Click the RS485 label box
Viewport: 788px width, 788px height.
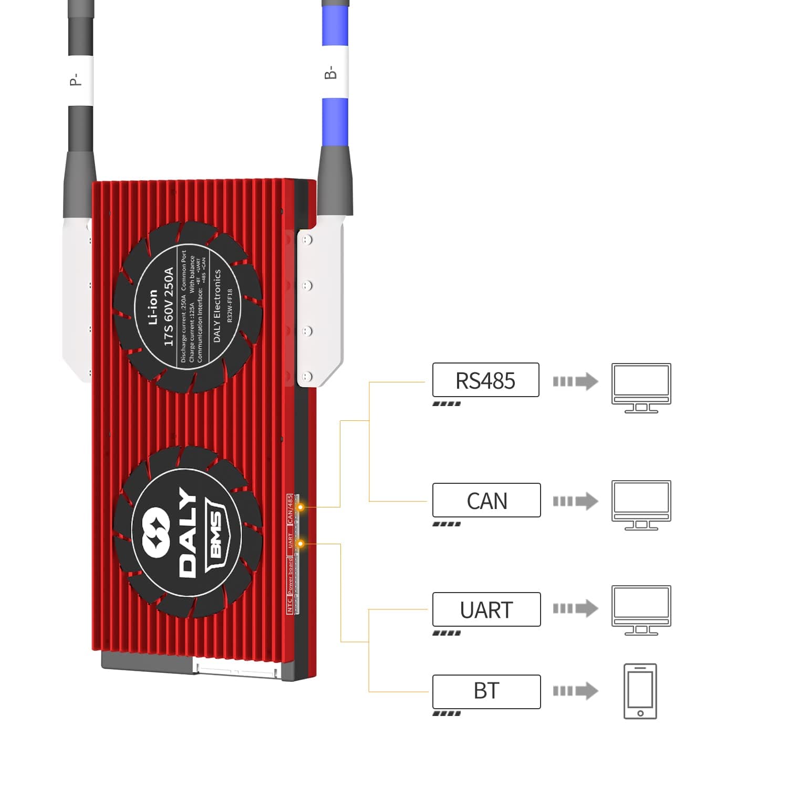(485, 380)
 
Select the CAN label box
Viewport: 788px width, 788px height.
(486, 500)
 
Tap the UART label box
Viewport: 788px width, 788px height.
(486, 609)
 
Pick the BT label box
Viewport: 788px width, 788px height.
(486, 691)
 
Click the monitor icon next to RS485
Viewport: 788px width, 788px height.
(641, 387)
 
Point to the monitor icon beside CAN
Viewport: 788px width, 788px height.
(641, 504)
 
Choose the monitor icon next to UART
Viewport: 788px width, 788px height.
(641, 609)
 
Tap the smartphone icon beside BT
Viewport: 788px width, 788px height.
(640, 691)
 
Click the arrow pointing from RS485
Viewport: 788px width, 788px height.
(575, 381)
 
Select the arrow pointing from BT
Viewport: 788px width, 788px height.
(575, 691)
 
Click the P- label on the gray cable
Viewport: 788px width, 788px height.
(75, 79)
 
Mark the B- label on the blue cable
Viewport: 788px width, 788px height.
(330, 72)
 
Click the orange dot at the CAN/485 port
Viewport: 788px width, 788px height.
(301, 507)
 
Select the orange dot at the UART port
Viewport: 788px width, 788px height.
(300, 543)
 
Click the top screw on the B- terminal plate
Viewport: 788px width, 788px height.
(308, 240)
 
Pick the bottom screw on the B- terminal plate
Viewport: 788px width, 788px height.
(308, 376)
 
